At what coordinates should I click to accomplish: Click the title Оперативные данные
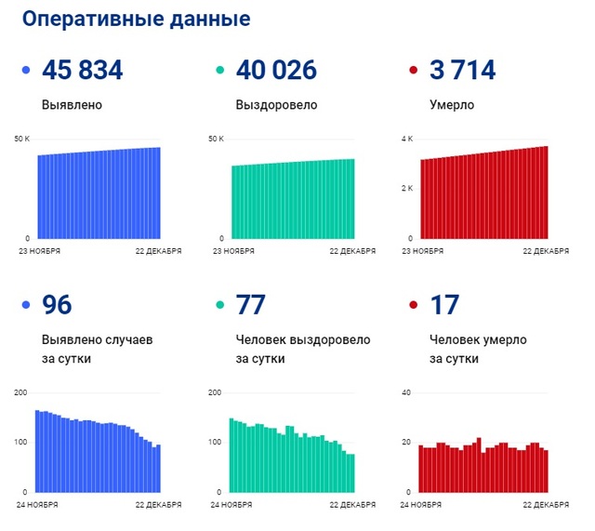136,20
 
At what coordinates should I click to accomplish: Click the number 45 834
83,70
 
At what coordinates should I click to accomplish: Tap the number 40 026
276,70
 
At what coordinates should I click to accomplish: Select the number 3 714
462,70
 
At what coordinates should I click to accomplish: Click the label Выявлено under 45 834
72,105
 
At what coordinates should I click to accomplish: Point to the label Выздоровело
276,105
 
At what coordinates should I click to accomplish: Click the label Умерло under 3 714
452,105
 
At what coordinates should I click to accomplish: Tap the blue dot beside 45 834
26,71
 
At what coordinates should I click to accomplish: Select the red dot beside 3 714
414,71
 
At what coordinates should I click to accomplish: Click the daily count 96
57,304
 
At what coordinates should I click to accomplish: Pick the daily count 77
251,304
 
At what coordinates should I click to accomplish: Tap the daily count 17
444,304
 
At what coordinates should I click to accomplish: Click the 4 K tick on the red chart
406,139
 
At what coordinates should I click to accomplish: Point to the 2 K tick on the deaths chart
406,189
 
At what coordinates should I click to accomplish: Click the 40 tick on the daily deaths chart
405,393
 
